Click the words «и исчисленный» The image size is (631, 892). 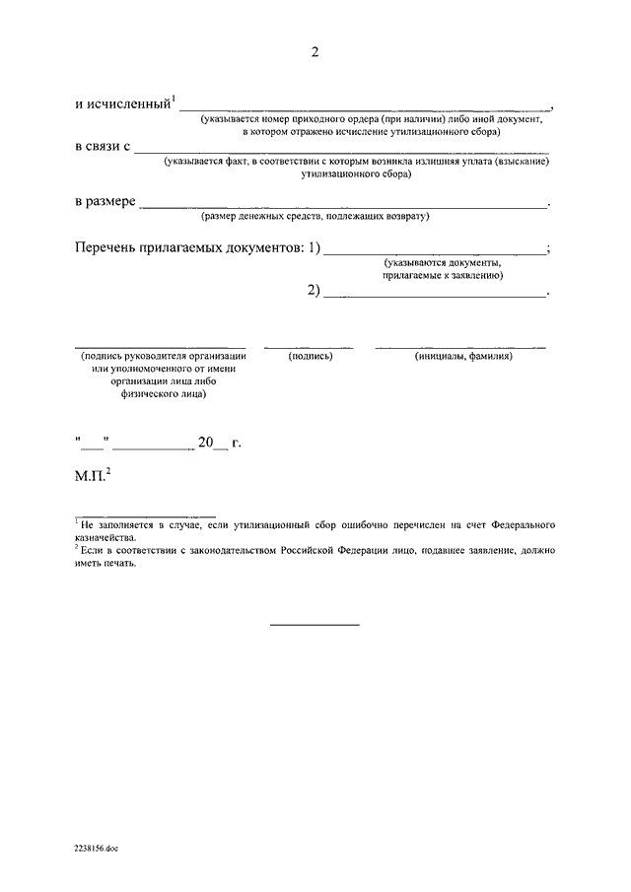pyautogui.click(x=122, y=103)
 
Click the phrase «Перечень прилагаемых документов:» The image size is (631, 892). pyautogui.click(x=189, y=247)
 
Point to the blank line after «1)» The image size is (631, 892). pyautogui.click(x=434, y=252)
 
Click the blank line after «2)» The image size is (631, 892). pyautogui.click(x=434, y=294)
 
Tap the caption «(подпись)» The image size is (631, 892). pyautogui.click(x=311, y=356)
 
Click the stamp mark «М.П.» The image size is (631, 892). pyautogui.click(x=93, y=477)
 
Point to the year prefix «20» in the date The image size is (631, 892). pyautogui.click(x=206, y=444)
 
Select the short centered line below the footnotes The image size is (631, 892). pyautogui.click(x=315, y=624)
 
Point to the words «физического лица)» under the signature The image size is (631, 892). pyautogui.click(x=164, y=392)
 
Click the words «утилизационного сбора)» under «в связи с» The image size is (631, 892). pyautogui.click(x=357, y=173)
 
